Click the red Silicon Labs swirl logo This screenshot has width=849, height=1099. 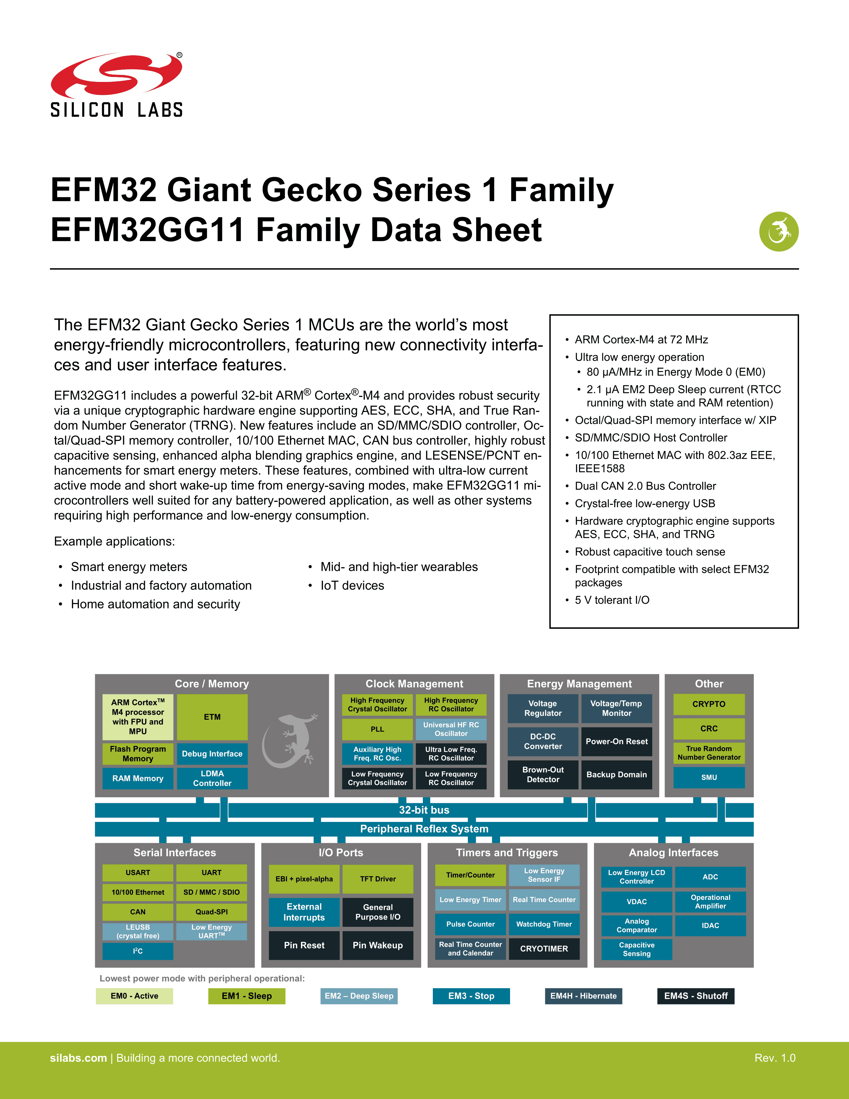(x=116, y=76)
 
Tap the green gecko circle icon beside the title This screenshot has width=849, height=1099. (x=779, y=231)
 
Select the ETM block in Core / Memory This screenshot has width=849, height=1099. (x=212, y=717)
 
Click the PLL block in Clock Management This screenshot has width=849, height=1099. (x=377, y=729)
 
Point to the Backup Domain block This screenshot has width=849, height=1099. (x=617, y=774)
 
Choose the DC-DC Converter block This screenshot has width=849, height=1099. (x=543, y=741)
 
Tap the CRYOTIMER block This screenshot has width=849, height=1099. (x=544, y=948)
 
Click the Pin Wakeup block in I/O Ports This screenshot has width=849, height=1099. (x=378, y=945)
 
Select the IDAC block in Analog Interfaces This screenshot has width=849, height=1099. (x=710, y=925)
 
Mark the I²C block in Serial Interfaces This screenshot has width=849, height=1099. (x=138, y=951)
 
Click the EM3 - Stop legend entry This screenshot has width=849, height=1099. (x=471, y=996)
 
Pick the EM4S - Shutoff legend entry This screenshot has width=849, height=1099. (x=696, y=996)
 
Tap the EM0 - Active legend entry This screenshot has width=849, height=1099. (x=134, y=996)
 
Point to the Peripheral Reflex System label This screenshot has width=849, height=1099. (x=424, y=829)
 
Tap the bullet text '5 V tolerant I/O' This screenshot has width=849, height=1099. (x=612, y=600)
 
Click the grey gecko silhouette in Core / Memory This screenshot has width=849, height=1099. (x=290, y=741)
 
